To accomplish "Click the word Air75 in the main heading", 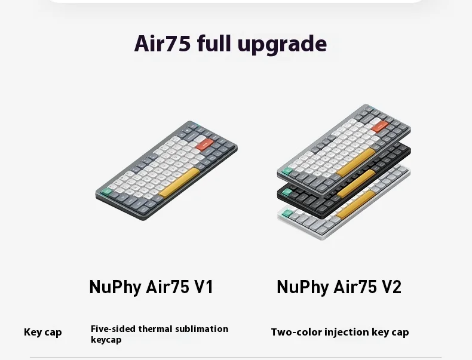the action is coord(163,44).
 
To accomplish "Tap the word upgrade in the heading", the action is coord(282,45).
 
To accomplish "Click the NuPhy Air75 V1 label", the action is coord(151,287).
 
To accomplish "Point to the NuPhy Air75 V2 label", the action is coord(339,287).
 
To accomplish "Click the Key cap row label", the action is coord(43,333).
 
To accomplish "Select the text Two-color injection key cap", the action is coord(340,333).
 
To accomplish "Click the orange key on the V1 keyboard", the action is coord(205,144).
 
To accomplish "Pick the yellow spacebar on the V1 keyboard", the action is coord(179,182).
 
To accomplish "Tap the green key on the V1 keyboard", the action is coord(106,192).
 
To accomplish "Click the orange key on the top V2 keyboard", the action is coord(379,127).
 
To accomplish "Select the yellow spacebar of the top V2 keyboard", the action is coord(356,162).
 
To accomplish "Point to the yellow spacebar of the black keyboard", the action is coord(356,183).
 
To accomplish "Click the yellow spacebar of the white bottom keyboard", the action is coord(356,205).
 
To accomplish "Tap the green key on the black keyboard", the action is coord(287,192).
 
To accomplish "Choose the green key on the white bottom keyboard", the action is coord(287,214).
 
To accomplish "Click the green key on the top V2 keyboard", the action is coord(287,171).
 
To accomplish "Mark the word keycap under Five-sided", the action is coord(106,340).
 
